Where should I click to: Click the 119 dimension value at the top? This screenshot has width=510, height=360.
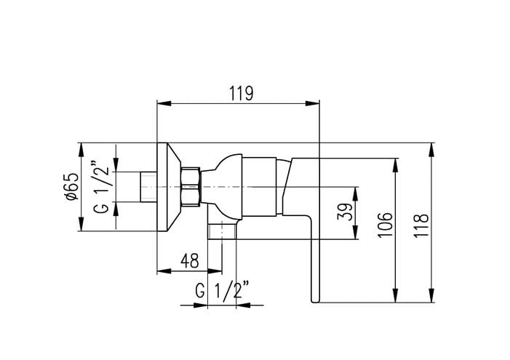[x=241, y=93]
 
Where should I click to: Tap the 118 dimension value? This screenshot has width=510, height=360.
[x=421, y=226]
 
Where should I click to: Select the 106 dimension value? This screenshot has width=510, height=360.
[x=385, y=225]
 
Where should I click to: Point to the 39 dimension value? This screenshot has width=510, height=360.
[x=345, y=212]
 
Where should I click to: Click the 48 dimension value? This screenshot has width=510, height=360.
[x=190, y=261]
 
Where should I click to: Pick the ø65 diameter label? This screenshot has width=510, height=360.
[x=72, y=187]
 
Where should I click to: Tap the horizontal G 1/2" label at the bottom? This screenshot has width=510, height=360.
[x=223, y=290]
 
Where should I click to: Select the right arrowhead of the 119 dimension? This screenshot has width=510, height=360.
[x=313, y=103]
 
